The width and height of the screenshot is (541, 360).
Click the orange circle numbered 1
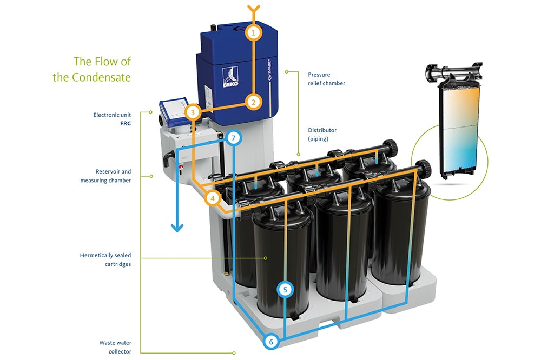[254, 33]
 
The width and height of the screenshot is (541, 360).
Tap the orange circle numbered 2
[254, 102]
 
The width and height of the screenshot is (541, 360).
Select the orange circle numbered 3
[193, 112]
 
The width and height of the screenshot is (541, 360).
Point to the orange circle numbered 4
[213, 198]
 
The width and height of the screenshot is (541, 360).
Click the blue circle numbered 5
[285, 289]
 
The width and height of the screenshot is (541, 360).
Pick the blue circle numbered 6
[271, 342]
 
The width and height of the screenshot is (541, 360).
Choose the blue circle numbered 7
[234, 138]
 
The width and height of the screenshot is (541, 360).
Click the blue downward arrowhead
[177, 228]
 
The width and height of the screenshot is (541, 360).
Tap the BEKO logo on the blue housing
[230, 77]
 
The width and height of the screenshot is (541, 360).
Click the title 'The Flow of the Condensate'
[92, 69]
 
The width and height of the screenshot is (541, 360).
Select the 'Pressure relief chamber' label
[326, 79]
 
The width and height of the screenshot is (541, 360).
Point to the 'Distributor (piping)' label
[322, 135]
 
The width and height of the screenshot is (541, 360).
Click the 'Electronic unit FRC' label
[112, 119]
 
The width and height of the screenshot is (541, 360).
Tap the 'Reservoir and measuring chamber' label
[105, 176]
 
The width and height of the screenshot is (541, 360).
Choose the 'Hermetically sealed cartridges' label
[105, 259]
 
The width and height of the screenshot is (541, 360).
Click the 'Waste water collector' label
[115, 347]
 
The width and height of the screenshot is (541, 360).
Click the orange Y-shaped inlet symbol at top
[254, 10]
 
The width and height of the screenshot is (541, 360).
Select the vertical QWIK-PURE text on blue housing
[269, 70]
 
